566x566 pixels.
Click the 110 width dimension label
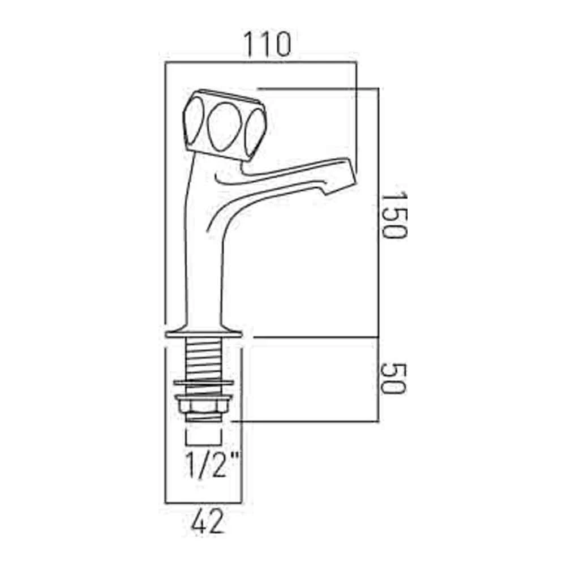[267, 44]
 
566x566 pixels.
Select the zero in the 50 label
[393, 368]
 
